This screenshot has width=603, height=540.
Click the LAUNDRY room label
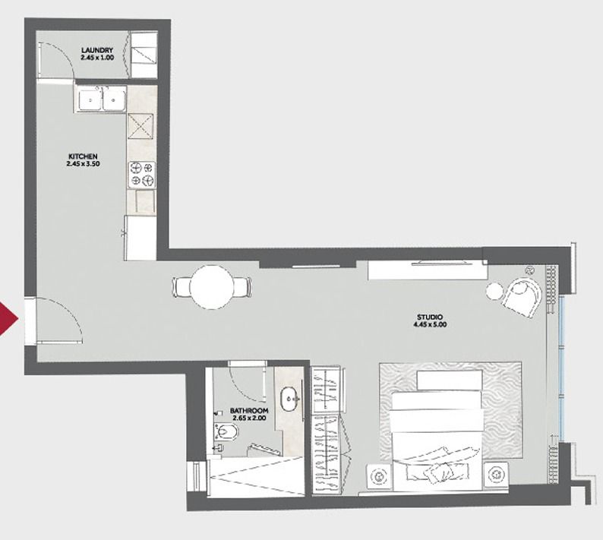tap(97, 50)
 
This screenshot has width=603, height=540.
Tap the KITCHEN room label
tap(83, 156)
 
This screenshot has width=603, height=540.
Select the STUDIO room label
tap(430, 317)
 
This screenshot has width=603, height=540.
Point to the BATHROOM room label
tap(249, 411)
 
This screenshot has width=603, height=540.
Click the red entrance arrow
tap(8, 319)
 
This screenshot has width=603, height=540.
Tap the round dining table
tap(212, 287)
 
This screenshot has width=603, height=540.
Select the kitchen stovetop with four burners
tap(142, 175)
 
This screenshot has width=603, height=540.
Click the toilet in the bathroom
tap(223, 432)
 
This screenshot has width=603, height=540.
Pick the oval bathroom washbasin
tap(290, 399)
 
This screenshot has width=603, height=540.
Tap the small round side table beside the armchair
tap(494, 291)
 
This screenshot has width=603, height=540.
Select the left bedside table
tap(379, 477)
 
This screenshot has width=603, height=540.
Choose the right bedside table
tap(496, 475)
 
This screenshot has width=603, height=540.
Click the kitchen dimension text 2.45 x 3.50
tap(83, 163)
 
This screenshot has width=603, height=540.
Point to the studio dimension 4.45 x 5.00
tap(430, 324)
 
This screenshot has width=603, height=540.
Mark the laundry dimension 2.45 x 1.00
tap(97, 57)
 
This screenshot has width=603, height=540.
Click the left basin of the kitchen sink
tap(90, 99)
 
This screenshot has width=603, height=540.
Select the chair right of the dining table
tap(242, 287)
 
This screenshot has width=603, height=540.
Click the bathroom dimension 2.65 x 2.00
tap(249, 418)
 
